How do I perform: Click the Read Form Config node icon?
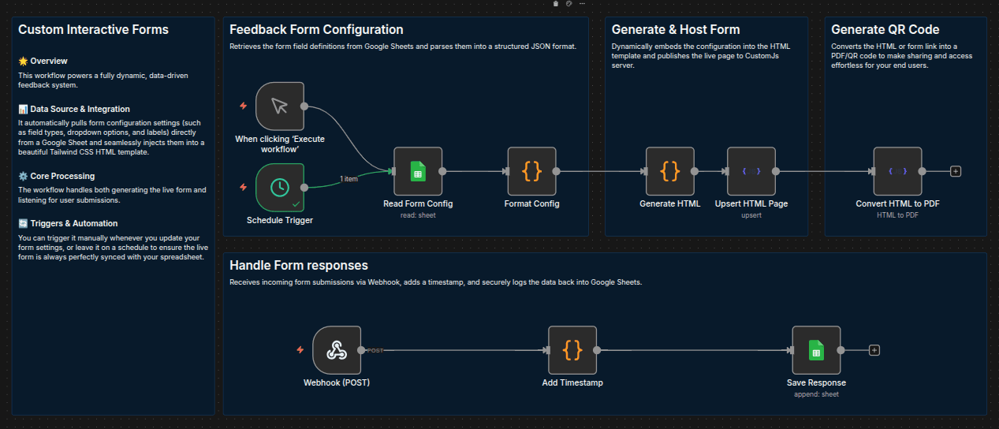418,171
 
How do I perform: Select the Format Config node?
531,171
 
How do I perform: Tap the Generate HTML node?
670,171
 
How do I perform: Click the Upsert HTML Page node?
751,171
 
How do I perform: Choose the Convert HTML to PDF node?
897,171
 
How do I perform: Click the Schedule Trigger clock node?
280,188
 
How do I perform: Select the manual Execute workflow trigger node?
280,106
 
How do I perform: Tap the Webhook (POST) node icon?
337,350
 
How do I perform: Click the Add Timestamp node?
572,350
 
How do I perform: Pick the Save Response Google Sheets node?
816,350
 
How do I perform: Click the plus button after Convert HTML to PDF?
956,171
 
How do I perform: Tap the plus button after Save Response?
874,350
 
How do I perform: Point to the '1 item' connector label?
349,179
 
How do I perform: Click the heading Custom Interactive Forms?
93,29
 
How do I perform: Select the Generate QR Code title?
885,29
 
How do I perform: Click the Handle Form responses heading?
298,265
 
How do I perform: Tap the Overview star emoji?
23,61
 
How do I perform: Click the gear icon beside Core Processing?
23,176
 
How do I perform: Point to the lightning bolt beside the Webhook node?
300,350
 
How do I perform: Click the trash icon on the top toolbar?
556,4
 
